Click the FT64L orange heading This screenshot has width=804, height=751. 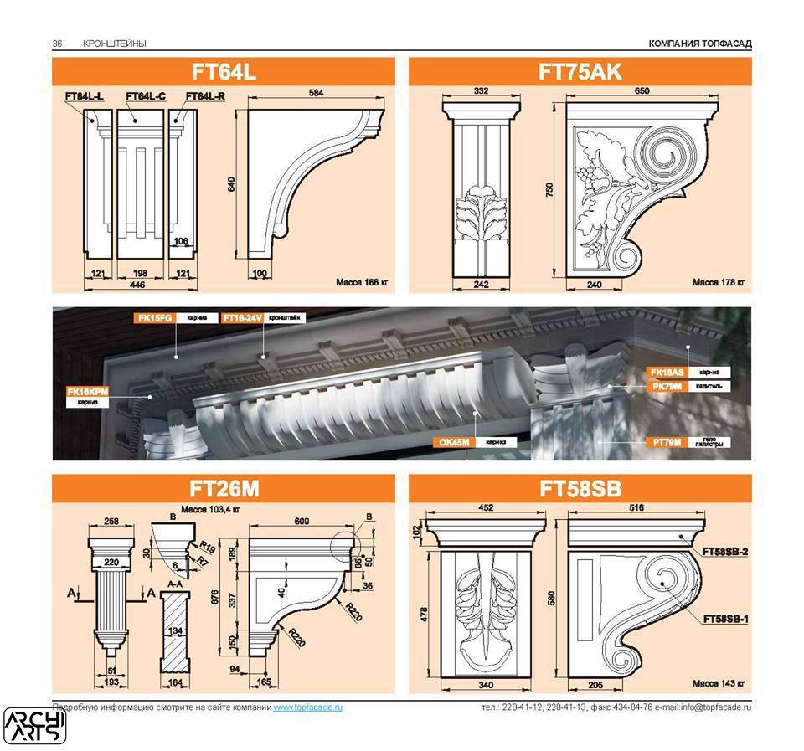point(223,72)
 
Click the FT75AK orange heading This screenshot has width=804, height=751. point(580,72)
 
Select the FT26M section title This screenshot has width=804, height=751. point(223,489)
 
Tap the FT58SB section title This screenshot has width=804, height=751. point(580,489)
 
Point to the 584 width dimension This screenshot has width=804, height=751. point(315,94)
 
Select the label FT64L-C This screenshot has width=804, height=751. point(146,97)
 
